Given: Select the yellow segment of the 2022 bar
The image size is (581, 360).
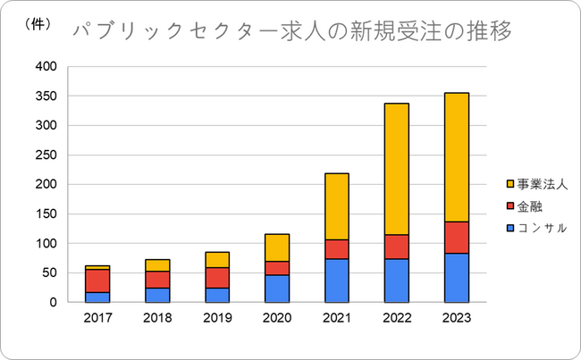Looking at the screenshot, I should (396, 169).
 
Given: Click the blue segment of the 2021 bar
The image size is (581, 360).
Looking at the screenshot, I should (336, 280).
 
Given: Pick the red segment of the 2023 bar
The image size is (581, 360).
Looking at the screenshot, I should (456, 238).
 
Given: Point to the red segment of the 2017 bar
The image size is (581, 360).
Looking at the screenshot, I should (97, 280).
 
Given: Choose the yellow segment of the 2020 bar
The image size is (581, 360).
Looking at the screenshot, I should (276, 247).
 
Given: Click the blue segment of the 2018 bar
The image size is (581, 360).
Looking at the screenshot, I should (157, 295).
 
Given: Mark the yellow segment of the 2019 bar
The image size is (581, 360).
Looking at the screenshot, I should (217, 259).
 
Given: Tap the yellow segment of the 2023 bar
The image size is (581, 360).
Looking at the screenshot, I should (456, 157).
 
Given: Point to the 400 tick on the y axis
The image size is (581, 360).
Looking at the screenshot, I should (46, 67).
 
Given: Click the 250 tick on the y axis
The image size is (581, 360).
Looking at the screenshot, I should (46, 155).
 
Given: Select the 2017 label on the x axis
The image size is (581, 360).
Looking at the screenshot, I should (97, 317).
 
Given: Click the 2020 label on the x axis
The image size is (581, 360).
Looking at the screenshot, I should (276, 317).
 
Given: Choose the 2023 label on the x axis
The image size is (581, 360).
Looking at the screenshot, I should (456, 317).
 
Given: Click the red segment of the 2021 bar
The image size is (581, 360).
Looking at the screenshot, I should (336, 249).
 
